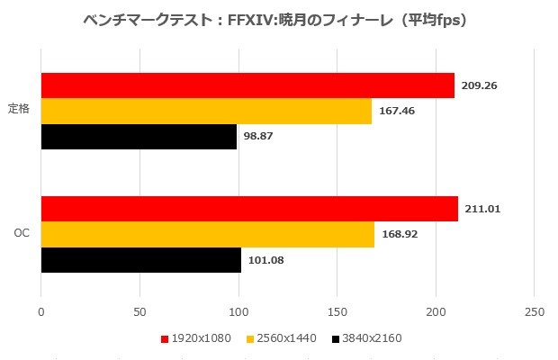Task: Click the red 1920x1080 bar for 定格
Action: click(x=247, y=85)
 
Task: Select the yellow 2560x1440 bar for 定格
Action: click(x=206, y=112)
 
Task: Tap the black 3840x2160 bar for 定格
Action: click(x=139, y=137)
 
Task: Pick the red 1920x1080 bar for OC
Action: click(x=249, y=209)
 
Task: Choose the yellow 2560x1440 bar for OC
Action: click(x=207, y=235)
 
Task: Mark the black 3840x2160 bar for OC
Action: click(x=140, y=260)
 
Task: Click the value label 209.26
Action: click(x=481, y=86)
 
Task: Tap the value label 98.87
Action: click(x=260, y=137)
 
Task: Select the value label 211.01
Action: click(x=482, y=210)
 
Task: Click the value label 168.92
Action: click(x=400, y=235)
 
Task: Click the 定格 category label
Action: click(x=19, y=111)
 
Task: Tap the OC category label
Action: click(x=22, y=234)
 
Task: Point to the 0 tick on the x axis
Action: click(x=41, y=312)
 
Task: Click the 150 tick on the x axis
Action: click(x=337, y=312)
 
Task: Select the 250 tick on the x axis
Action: click(x=534, y=312)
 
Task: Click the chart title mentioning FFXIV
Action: click(x=278, y=20)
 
